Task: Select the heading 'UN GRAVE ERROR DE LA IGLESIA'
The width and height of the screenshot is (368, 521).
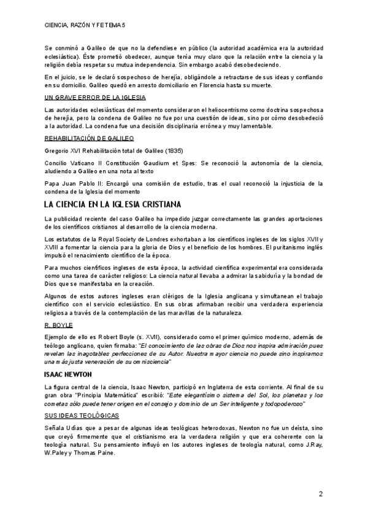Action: click(95, 98)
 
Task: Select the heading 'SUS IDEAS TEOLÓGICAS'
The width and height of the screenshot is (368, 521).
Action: click(84, 415)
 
